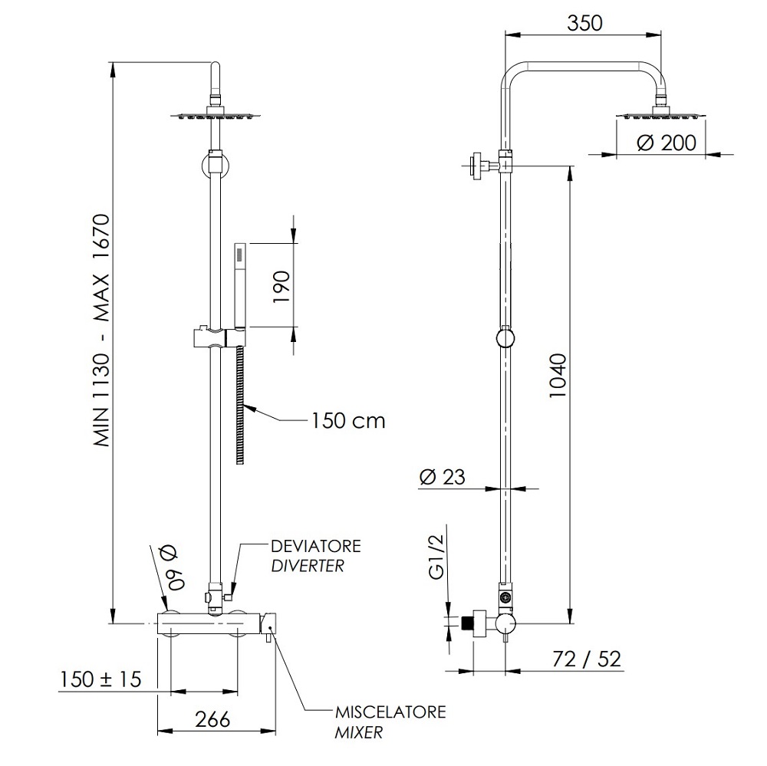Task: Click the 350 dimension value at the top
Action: (x=584, y=23)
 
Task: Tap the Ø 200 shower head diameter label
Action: (x=667, y=143)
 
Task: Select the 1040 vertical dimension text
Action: (x=557, y=376)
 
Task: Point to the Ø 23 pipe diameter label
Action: (x=443, y=477)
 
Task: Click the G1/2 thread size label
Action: (x=437, y=557)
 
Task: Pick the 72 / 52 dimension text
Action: (x=586, y=659)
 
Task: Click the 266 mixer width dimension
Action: (x=212, y=719)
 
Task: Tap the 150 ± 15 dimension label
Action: (x=100, y=679)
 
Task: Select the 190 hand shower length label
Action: (x=281, y=286)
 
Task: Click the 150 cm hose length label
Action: (x=348, y=421)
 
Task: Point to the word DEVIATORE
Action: (x=316, y=546)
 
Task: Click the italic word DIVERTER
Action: (x=308, y=566)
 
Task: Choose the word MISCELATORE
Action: (x=390, y=712)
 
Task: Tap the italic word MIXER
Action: (x=358, y=732)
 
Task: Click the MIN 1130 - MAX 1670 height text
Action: (x=103, y=330)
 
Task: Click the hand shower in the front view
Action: (x=240, y=284)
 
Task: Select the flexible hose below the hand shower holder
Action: (x=239, y=405)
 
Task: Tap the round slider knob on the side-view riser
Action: (x=505, y=337)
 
